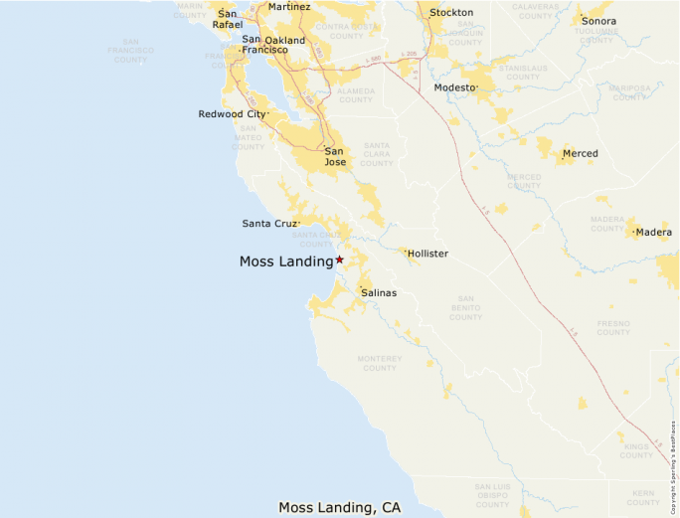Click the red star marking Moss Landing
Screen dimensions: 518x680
pos(339,259)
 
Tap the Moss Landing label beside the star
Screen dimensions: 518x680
pos(286,262)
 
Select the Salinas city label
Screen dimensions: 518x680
pos(379,293)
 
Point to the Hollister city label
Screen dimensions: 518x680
pos(427,254)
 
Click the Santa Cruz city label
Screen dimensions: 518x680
pos(269,224)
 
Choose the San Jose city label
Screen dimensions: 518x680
pos(336,156)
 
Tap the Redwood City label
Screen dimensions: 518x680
pos(232,114)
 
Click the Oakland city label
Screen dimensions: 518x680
pos(285,41)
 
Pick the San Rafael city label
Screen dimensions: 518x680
pos(228,19)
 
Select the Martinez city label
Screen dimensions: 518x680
pos(289,7)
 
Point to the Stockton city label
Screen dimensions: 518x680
pos(451,13)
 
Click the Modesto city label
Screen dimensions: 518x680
pos(454,87)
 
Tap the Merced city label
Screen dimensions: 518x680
pos(581,154)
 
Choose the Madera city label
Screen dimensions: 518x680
pos(654,233)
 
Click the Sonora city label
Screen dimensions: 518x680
pos(598,21)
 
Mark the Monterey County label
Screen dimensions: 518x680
pos(380,363)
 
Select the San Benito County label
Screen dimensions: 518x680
pos(465,307)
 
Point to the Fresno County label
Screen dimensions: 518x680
pos(613,328)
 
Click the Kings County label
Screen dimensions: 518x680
pos(635,450)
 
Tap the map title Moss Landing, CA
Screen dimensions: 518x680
pos(340,507)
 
